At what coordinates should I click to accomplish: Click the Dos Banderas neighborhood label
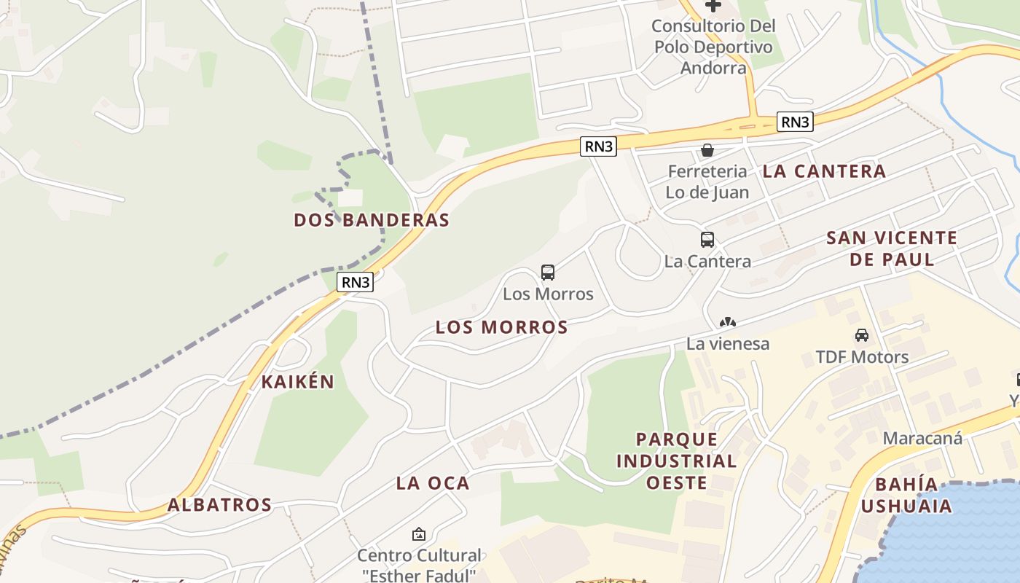pyautogui.click(x=372, y=220)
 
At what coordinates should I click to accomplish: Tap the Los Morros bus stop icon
pyautogui.click(x=548, y=273)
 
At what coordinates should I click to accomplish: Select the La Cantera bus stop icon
pyautogui.click(x=707, y=240)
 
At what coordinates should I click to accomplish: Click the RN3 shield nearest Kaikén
pyautogui.click(x=356, y=282)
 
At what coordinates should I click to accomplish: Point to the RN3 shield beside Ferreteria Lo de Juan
pyautogui.click(x=599, y=146)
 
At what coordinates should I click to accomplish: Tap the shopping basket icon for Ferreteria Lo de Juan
pyautogui.click(x=707, y=151)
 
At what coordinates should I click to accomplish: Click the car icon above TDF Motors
pyautogui.click(x=862, y=335)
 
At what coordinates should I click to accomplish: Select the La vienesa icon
pyautogui.click(x=727, y=322)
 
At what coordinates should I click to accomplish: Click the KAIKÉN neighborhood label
pyautogui.click(x=298, y=382)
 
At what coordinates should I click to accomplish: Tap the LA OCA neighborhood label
pyautogui.click(x=433, y=483)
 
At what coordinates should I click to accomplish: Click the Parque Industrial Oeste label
pyautogui.click(x=677, y=461)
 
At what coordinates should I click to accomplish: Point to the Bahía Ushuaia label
pyautogui.click(x=907, y=495)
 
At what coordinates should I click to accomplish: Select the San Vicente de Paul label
pyautogui.click(x=892, y=249)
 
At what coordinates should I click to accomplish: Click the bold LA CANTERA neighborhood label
pyautogui.click(x=824, y=171)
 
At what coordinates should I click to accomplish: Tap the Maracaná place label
pyautogui.click(x=922, y=438)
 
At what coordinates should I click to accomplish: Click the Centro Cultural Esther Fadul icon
pyautogui.click(x=419, y=534)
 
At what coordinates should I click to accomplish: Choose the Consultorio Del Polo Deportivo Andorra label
pyautogui.click(x=713, y=47)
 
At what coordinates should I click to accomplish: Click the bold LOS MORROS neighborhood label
pyautogui.click(x=501, y=328)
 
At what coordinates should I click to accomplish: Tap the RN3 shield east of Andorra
pyautogui.click(x=795, y=122)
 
